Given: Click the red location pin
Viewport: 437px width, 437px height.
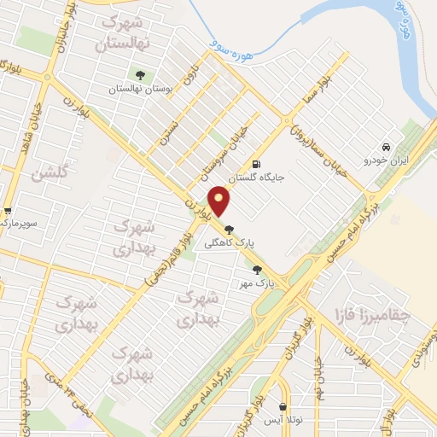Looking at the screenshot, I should pyautogui.click(x=220, y=201).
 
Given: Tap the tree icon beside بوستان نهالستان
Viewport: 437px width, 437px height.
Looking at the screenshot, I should pyautogui.click(x=140, y=74).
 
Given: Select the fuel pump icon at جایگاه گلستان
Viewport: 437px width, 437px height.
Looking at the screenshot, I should pyautogui.click(x=255, y=165).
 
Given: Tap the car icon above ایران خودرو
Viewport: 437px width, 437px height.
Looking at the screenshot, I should pyautogui.click(x=387, y=146).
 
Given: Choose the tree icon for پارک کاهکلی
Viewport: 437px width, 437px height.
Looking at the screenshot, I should pyautogui.click(x=229, y=229).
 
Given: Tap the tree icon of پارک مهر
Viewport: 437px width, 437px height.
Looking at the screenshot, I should pyautogui.click(x=258, y=270).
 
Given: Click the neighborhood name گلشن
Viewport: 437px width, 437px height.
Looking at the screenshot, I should pyautogui.click(x=49, y=175).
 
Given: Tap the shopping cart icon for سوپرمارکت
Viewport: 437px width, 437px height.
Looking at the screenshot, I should pyautogui.click(x=7, y=211).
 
